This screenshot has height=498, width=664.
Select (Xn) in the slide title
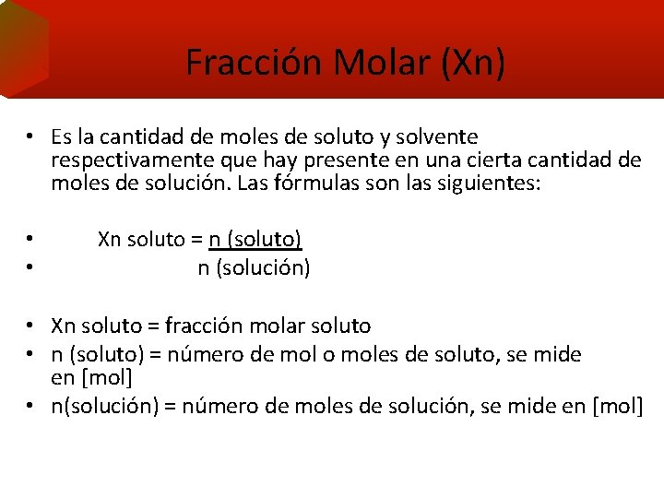(473, 62)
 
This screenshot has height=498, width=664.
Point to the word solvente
(435, 137)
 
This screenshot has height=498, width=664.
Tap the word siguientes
(494, 183)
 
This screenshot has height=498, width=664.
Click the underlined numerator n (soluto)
(255, 240)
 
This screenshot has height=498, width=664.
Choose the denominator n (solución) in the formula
(254, 268)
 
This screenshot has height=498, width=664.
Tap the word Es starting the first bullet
(62, 137)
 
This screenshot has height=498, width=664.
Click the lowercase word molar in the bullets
(279, 326)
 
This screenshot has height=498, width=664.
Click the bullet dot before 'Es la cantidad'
(30, 137)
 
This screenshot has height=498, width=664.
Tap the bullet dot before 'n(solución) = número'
(30, 405)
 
